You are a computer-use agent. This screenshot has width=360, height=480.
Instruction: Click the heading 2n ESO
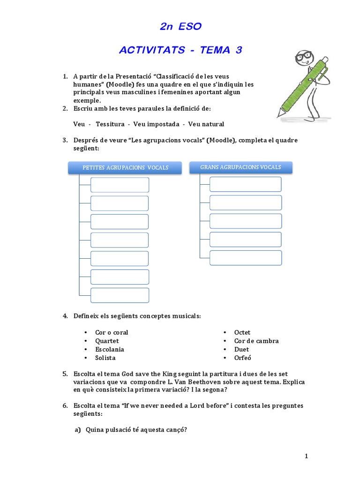tap(180, 27)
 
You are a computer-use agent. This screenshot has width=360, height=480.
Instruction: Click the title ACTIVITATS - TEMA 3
tap(180, 50)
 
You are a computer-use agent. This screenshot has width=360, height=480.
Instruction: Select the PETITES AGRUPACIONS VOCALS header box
tap(126, 168)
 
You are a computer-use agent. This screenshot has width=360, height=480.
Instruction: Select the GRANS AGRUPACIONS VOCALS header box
tap(241, 167)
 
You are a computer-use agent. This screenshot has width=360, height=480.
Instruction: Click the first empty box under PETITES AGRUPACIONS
tap(120, 185)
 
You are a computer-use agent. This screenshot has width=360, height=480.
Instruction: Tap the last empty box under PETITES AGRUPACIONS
tap(120, 295)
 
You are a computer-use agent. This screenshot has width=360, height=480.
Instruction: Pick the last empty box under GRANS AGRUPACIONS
tap(245, 258)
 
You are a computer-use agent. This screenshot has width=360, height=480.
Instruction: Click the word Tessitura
tap(110, 124)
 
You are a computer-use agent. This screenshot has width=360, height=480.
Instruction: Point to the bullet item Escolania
tap(110, 349)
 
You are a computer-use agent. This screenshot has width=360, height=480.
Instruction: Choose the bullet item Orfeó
tap(243, 358)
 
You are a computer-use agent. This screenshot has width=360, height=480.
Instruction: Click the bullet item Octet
tap(242, 332)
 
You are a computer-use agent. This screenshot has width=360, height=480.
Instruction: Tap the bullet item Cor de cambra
tap(256, 341)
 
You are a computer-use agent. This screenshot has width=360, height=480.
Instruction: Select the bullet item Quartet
tap(107, 341)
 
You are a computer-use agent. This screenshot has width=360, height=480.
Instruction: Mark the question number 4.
tap(65, 316)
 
